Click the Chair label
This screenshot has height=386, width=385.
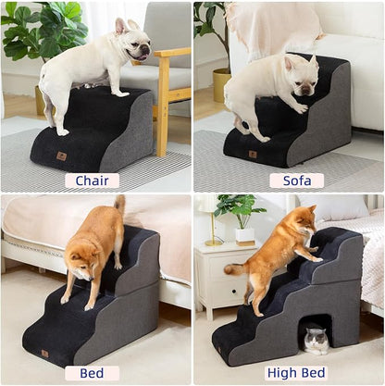[x=92, y=181]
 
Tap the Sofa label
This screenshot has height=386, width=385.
[x=296, y=181]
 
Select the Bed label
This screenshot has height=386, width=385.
[x=92, y=373]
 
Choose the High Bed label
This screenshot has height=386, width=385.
[x=296, y=373]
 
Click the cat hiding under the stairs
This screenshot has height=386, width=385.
[x=317, y=340]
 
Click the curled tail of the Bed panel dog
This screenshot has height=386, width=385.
[x=119, y=205]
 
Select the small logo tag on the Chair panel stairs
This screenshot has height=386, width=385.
[x=62, y=156]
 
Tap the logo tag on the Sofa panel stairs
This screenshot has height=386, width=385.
[x=253, y=154]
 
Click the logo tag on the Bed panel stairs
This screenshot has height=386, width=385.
[x=44, y=353]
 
